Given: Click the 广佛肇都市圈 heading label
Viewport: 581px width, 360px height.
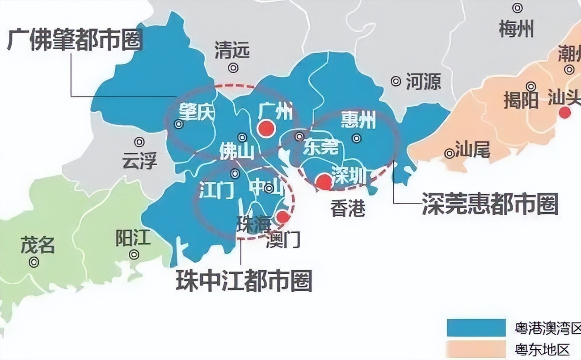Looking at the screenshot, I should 75,40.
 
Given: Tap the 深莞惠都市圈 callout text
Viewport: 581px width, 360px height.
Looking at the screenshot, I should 490,205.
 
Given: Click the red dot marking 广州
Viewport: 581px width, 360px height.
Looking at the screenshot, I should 266,128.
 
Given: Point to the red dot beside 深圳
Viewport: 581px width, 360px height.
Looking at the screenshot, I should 324,181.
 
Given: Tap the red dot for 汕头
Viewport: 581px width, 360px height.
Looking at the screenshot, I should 565,113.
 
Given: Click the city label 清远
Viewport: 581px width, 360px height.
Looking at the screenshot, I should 232,50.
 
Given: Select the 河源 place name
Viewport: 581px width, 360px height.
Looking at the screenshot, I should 423,81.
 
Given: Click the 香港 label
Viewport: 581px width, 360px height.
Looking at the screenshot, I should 348,208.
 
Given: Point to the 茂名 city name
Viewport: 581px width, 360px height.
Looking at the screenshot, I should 38,245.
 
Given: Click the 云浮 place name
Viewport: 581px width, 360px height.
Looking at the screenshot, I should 140,160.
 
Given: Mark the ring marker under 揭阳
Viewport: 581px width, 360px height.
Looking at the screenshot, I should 531,86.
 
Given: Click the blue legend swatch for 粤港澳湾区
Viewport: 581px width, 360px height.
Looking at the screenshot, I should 476,327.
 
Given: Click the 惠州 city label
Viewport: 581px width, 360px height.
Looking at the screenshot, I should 358,120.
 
